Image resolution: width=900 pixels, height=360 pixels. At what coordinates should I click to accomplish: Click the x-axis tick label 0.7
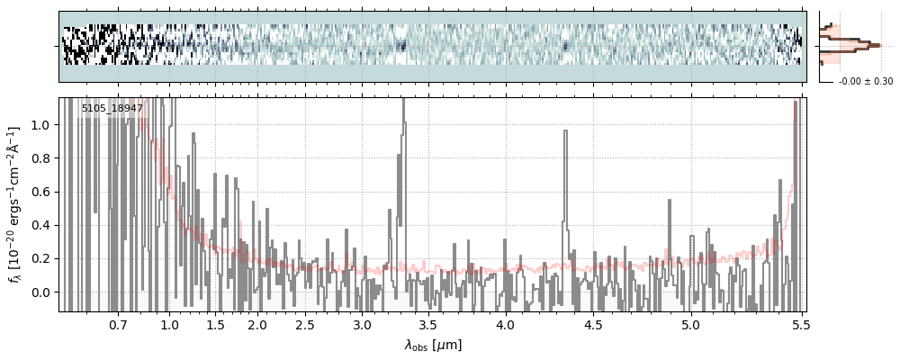[118, 324]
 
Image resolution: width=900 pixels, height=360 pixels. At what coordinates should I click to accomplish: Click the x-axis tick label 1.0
[169, 324]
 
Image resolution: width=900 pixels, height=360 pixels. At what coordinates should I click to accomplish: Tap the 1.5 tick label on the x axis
[215, 324]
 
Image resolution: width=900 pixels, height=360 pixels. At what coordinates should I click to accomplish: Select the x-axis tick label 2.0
[258, 324]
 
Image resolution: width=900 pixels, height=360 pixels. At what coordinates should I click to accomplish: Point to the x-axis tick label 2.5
[305, 324]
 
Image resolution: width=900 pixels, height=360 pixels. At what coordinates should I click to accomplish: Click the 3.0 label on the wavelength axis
[362, 324]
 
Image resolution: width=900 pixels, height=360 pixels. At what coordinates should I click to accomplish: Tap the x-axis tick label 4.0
[506, 324]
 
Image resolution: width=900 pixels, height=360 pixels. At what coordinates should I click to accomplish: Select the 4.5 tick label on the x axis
[596, 324]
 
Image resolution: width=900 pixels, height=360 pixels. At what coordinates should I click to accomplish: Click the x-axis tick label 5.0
[690, 324]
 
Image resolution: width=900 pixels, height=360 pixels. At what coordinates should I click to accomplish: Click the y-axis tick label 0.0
[42, 292]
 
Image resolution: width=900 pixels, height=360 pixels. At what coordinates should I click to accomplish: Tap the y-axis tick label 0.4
[42, 225]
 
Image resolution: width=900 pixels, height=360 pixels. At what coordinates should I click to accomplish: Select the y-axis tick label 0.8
[42, 158]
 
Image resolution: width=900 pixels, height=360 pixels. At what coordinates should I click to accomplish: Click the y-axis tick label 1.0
[42, 125]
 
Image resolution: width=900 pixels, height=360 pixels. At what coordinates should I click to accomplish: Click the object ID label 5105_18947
[112, 109]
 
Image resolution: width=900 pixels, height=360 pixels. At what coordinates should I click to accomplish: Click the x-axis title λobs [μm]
[432, 345]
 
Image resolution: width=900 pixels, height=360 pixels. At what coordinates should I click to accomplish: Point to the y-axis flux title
[16, 205]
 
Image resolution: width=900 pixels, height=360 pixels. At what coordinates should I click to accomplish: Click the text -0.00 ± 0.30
[866, 82]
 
